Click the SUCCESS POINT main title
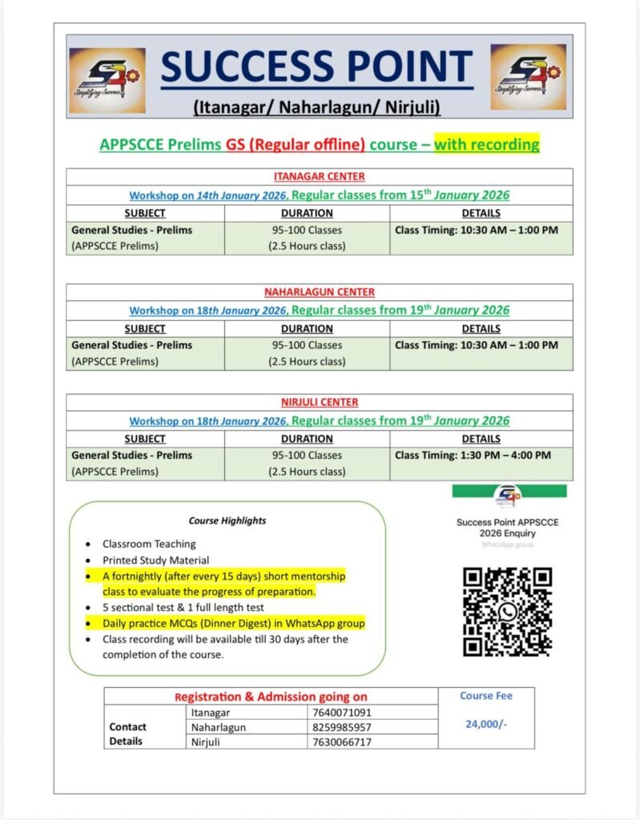coord(317,68)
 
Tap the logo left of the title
coord(107,80)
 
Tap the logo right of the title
coord(528,77)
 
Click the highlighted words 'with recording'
coord(487,145)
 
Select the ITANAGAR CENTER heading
coord(320,177)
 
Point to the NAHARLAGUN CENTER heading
coord(320,292)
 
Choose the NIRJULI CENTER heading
coord(320,402)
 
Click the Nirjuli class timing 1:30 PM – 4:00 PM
coord(473,455)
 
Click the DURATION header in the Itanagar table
coord(307,213)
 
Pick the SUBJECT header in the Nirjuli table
coord(145,439)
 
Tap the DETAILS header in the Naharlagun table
coord(481,328)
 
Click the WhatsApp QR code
coord(508,612)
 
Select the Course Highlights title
coord(227,521)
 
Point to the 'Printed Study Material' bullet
coord(155,561)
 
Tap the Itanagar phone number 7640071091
coord(342,712)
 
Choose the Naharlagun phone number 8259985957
coord(342,727)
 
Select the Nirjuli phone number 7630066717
coord(342,742)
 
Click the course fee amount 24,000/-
coord(486,724)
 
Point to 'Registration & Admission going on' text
coord(271,697)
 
